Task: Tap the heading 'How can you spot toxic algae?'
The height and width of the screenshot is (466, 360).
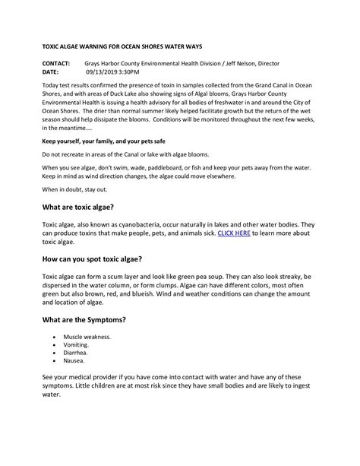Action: [x=103, y=259]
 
